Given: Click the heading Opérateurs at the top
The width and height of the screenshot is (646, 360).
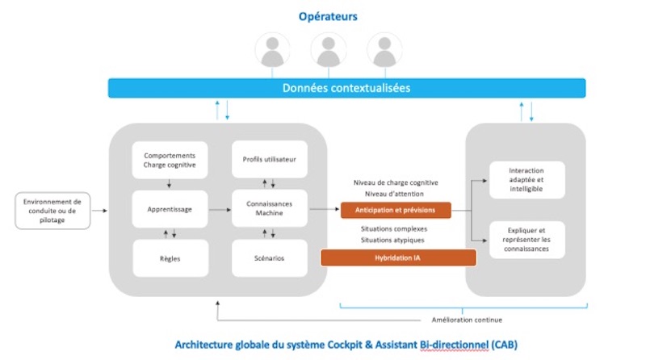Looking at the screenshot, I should [328, 16].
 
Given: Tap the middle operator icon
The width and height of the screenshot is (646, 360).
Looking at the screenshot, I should [328, 51].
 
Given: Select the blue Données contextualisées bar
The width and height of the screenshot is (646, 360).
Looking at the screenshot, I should [346, 88].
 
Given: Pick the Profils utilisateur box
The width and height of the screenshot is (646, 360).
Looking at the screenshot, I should [269, 160].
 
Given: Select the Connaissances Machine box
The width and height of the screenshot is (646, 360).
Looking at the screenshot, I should [269, 209].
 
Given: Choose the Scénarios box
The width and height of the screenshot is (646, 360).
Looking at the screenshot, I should [269, 258].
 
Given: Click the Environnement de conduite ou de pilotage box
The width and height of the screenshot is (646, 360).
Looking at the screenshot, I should [53, 210].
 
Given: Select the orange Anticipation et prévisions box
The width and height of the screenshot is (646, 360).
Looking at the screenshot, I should [396, 210].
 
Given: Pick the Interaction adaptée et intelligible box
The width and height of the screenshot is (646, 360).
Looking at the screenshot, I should [526, 179].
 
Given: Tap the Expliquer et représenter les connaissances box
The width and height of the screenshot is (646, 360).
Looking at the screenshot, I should [526, 240].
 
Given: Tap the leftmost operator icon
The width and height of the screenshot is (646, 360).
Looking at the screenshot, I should [272, 51].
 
